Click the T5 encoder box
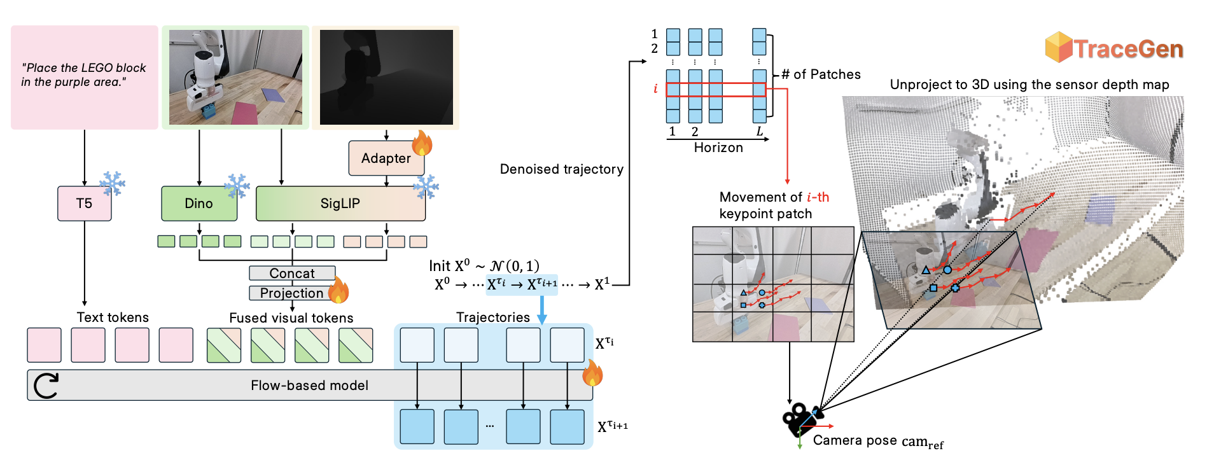[84, 204]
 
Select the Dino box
[199, 204]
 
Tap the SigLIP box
[340, 204]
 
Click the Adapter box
[386, 158]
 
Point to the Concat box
[292, 273]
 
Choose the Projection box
[292, 293]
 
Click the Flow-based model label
[309, 386]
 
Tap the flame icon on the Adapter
[422, 143]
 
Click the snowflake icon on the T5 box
[113, 184]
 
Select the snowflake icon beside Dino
[237, 186]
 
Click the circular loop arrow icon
[46, 386]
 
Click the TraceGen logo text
[1128, 49]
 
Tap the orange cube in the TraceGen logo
[1059, 47]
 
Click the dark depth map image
[386, 77]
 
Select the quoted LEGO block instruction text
[83, 75]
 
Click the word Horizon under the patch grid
[718, 148]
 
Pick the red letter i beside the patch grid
[655, 89]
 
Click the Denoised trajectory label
[561, 169]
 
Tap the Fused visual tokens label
[291, 317]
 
